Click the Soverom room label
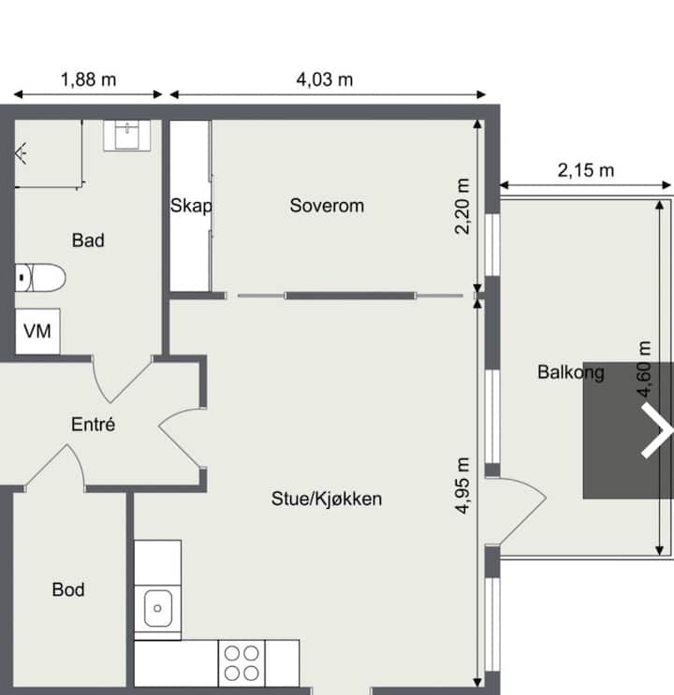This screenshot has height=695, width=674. click(x=327, y=206)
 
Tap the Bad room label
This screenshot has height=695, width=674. click(x=88, y=240)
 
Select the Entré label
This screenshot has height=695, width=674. click(x=94, y=424)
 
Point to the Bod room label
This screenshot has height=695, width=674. click(x=68, y=589)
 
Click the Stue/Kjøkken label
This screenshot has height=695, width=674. click(x=327, y=500)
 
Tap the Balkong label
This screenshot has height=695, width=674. click(x=571, y=373)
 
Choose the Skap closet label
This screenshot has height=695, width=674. click(x=191, y=206)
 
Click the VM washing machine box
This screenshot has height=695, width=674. click(x=37, y=331)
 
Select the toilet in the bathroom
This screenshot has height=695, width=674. click(x=40, y=278)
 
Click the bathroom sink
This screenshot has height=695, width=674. click(x=127, y=136)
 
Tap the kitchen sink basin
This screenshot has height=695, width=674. click(x=157, y=608)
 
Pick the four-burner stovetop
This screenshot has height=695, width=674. click(x=242, y=663)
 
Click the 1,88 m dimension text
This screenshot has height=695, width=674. click(x=88, y=80)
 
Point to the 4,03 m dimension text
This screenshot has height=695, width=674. click(x=324, y=80)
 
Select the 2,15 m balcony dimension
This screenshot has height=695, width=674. click(x=586, y=170)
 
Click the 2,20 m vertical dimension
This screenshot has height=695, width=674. click(x=462, y=206)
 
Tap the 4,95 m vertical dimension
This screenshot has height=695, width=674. click(x=462, y=485)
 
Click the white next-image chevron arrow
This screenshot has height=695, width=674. click(x=658, y=430)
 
